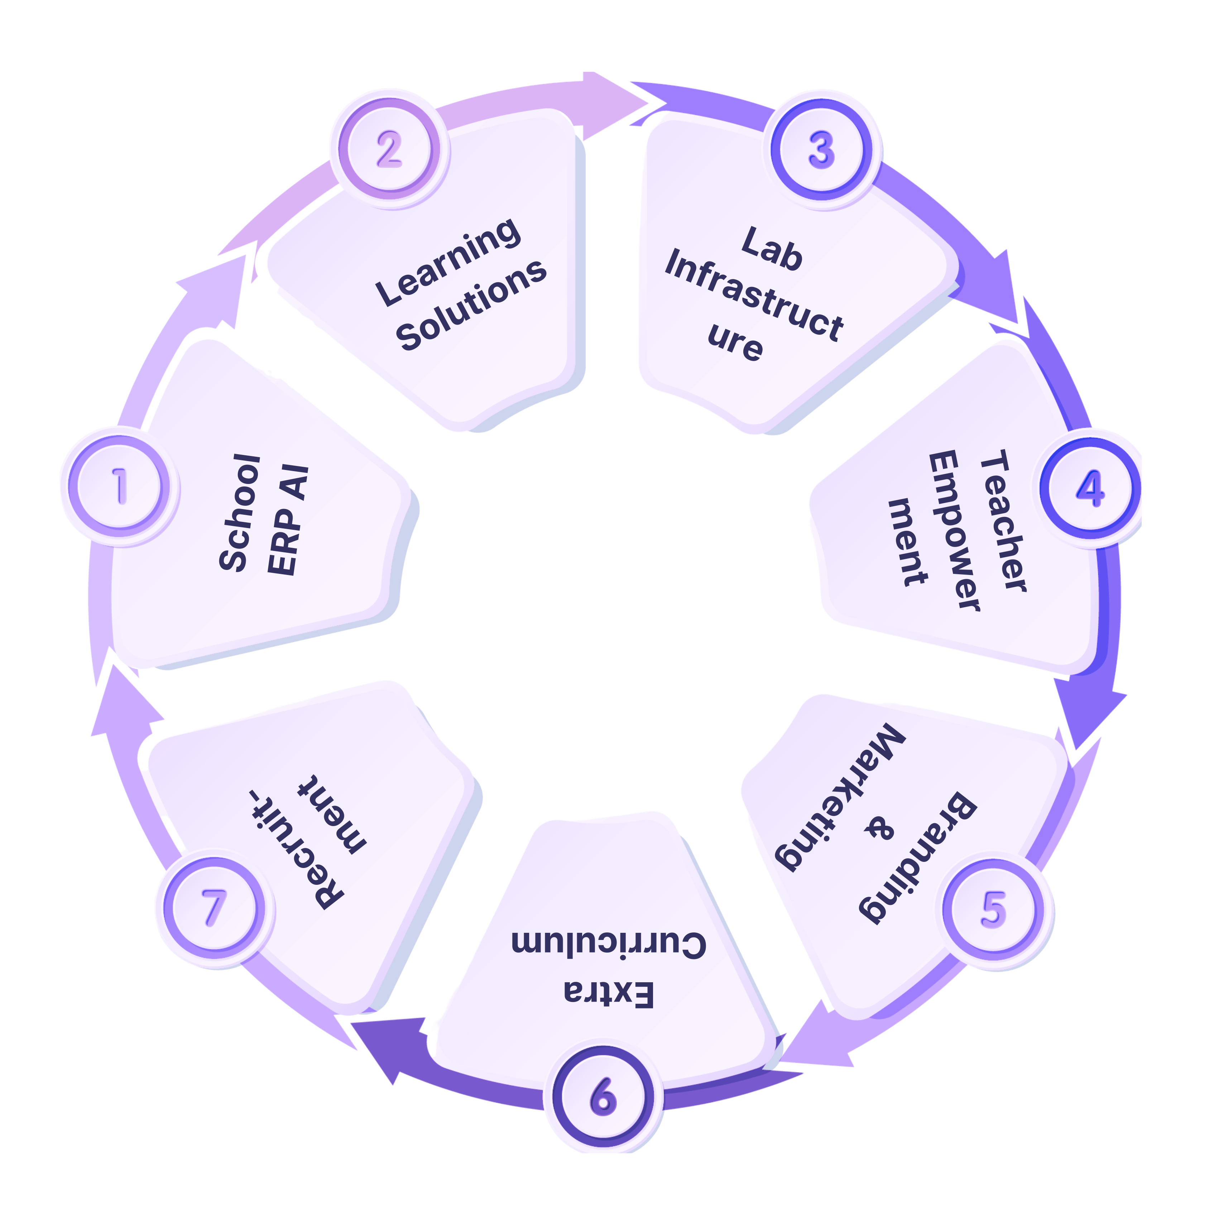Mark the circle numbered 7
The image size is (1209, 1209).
pos(214,908)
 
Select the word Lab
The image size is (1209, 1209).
pos(772,249)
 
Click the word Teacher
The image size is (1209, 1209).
pos(1003,520)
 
